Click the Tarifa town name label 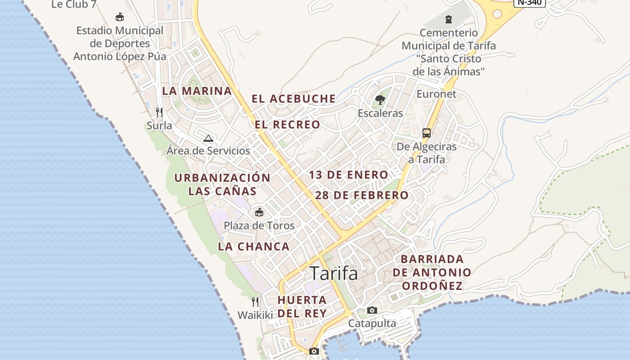[334, 273]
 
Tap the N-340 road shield [529, 2]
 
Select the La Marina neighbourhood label [197, 91]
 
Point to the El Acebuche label [293, 99]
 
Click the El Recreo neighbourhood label [288, 125]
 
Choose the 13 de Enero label [348, 175]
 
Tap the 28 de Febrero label [362, 195]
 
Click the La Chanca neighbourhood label [254, 247]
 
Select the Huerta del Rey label [302, 306]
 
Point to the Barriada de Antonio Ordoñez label [432, 272]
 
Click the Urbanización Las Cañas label [222, 184]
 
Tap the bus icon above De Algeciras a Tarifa [426, 133]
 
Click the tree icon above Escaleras [380, 100]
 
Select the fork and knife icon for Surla [159, 112]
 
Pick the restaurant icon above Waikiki [255, 301]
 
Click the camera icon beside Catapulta [372, 310]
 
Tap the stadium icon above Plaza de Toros [259, 212]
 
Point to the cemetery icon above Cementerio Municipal [448, 19]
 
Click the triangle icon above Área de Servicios [208, 138]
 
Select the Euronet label [436, 94]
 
